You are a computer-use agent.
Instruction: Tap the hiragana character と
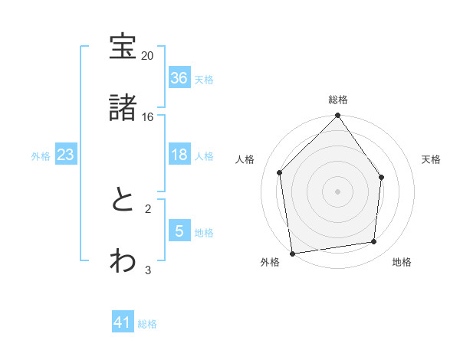[123, 200]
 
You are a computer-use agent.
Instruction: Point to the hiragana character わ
[123, 260]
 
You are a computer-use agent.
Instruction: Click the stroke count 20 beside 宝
[148, 56]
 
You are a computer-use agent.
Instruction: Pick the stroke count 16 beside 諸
[148, 116]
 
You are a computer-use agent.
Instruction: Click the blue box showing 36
[179, 78]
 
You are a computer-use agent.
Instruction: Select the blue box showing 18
[179, 155]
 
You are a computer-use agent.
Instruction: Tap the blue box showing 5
[179, 231]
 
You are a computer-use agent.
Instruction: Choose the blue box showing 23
[66, 155]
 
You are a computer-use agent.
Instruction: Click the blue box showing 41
[123, 322]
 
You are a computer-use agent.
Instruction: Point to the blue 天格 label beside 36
[204, 79]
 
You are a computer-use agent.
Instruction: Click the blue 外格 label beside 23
[41, 155]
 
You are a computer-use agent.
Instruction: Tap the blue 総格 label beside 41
[147, 324]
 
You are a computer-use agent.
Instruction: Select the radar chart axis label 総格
[338, 100]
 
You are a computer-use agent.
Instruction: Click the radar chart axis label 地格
[402, 263]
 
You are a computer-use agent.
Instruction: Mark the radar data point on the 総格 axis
[338, 116]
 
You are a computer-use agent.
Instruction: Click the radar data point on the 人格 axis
[280, 172]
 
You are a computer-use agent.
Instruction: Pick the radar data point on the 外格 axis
[292, 253]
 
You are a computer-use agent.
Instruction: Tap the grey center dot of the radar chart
[338, 191]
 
